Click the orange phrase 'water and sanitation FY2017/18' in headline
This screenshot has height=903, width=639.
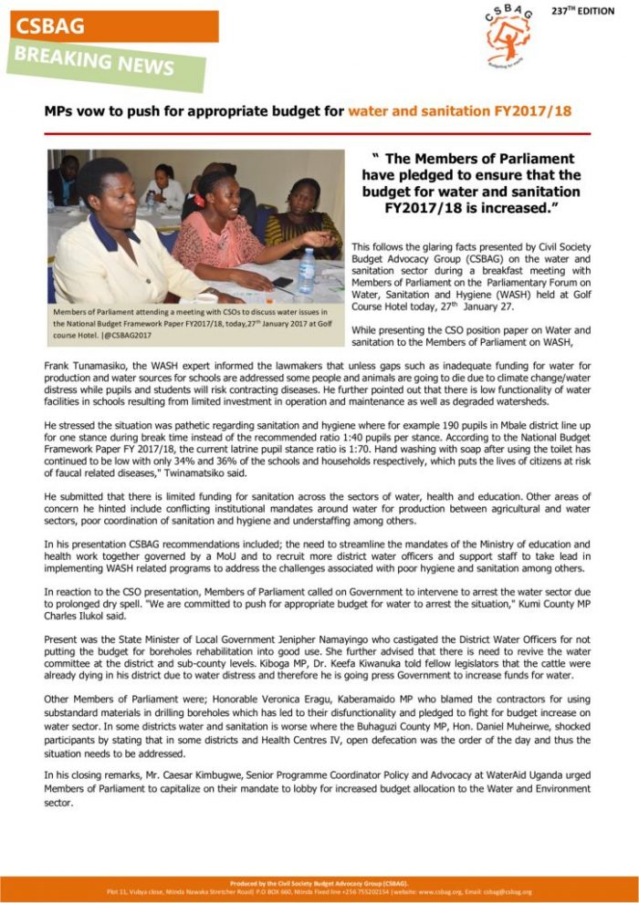[460, 111]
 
